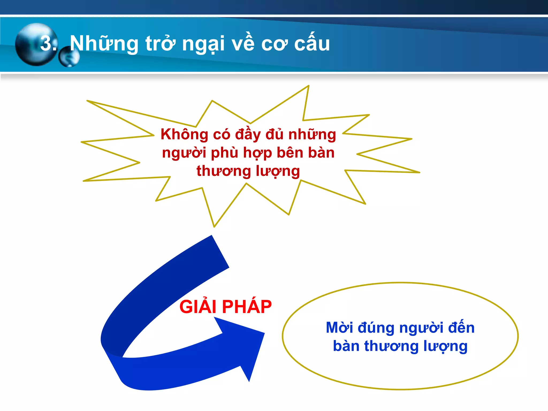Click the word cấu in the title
(312, 43)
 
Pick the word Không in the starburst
(184, 134)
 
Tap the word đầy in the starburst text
(248, 134)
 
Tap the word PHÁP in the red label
(247, 307)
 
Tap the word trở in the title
(161, 44)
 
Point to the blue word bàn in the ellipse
(346, 346)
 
